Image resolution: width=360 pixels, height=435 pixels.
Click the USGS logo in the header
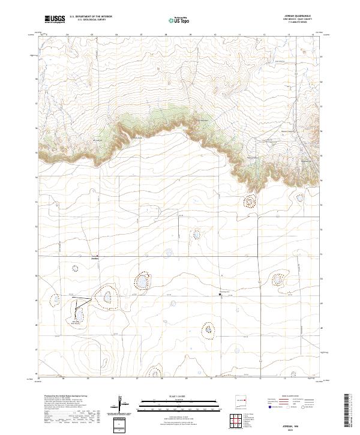click(55, 20)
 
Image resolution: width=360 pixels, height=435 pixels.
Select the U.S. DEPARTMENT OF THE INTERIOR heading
click(91, 16)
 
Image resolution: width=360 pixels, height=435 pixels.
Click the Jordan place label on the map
click(94, 259)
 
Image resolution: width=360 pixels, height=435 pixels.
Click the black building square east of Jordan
click(220, 294)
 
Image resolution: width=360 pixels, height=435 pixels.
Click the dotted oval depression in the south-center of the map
click(209, 329)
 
